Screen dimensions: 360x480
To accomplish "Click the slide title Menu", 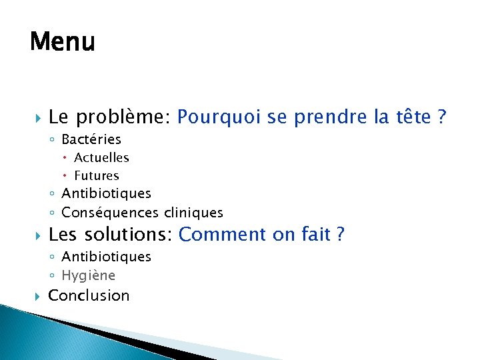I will coord(63,42).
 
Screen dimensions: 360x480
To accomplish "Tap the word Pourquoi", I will coord(217,118).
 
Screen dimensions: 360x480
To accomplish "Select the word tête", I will coord(413,117).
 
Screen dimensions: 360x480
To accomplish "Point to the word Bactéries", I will coord(91,139).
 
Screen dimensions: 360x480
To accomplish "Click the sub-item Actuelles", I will coord(101,158).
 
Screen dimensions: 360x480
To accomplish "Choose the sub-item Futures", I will coord(97,176).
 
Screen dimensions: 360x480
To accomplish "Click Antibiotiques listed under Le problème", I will coord(106,193).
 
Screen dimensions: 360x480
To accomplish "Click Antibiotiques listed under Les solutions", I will coord(106,257).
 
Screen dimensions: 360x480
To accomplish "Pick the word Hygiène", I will coord(88,275).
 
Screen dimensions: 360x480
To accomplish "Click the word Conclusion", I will coord(89,295).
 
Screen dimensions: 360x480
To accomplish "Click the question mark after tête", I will coord(441,117).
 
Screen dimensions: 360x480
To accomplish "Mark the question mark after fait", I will coord(340,235).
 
